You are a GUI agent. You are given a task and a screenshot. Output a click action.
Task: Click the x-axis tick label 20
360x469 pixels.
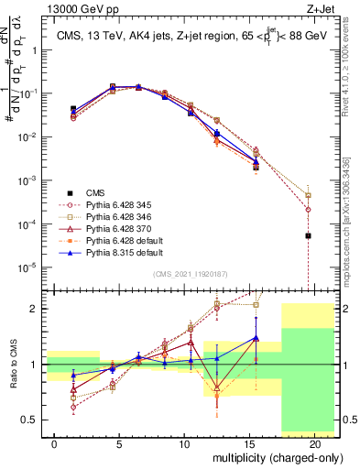pos(314,442)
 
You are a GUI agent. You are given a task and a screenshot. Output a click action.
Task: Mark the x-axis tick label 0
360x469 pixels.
pos(55,442)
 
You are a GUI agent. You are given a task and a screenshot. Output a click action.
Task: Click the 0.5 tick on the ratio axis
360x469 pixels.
pos(32,420)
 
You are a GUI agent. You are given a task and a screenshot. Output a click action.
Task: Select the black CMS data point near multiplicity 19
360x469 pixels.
pos(308,235)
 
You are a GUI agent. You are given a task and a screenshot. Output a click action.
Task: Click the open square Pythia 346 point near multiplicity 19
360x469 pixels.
pos(308,195)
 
